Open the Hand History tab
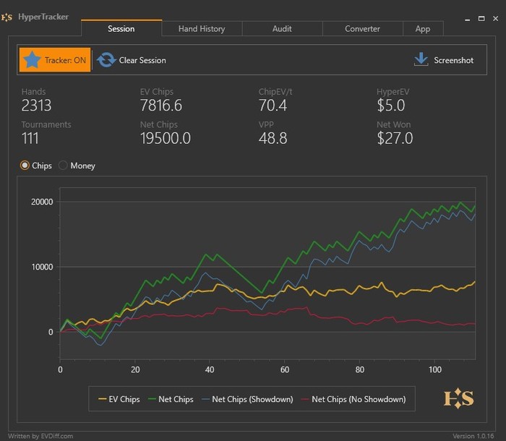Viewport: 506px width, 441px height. pos(202,29)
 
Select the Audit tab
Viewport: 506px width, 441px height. pos(282,29)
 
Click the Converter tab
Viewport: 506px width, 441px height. pos(362,29)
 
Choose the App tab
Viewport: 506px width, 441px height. pos(423,29)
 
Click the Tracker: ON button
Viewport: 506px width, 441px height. pos(55,60)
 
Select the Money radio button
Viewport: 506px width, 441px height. pos(64,166)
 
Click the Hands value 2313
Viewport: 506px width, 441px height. pos(37,106)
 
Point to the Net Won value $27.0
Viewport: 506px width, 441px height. pos(395,138)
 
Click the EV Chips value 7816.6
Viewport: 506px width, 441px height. pos(161,106)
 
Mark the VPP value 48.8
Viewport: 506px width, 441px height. pos(272,138)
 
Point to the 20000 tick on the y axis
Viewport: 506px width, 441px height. pos(41,202)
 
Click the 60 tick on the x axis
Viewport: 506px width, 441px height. pos(285,369)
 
